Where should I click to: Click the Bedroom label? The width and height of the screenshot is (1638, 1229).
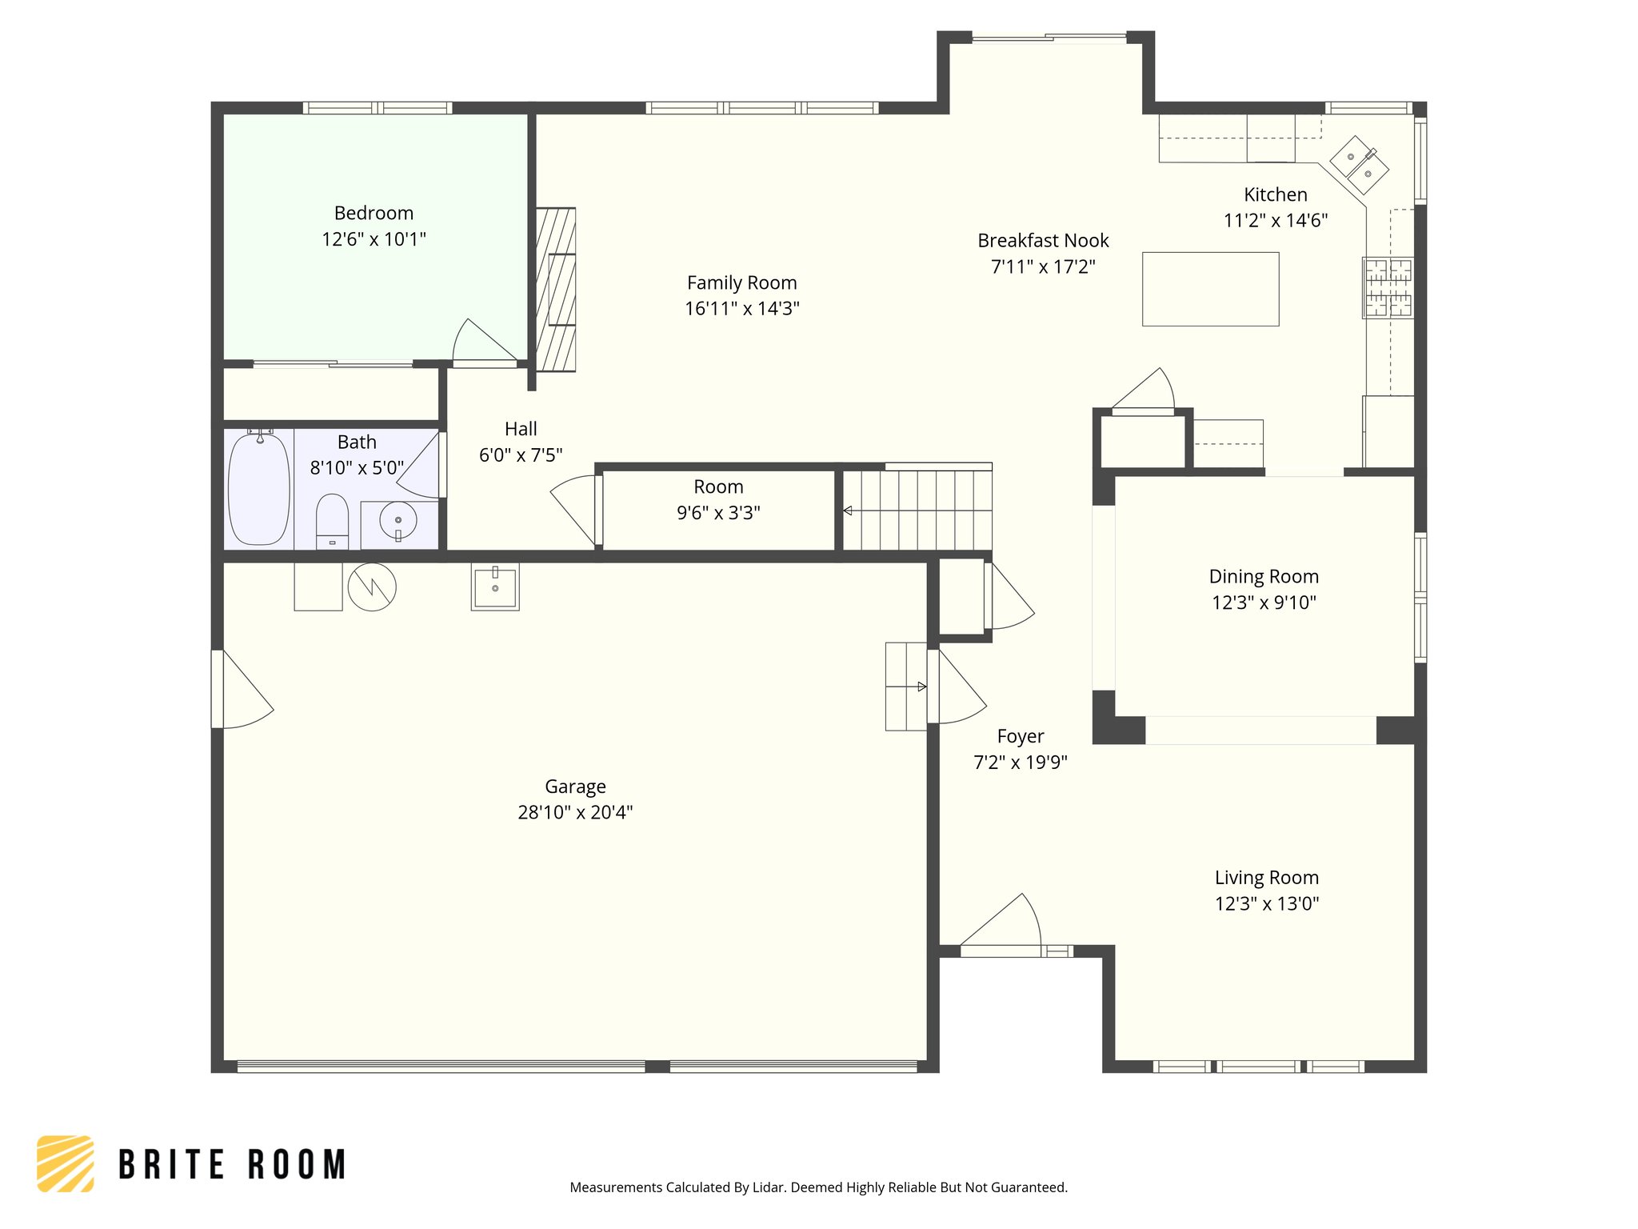[x=374, y=214]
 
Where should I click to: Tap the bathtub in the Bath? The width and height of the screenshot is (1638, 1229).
[x=259, y=489]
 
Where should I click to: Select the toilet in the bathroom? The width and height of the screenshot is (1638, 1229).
[x=333, y=521]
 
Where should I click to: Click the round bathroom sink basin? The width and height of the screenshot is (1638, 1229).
[x=398, y=522]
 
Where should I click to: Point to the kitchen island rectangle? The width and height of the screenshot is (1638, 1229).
[x=1210, y=289]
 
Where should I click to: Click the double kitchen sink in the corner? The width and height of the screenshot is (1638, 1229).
[x=1359, y=165]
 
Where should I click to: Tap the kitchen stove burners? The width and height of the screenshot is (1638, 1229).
[x=1388, y=288]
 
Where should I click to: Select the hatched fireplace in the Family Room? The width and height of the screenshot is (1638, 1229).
[x=555, y=290]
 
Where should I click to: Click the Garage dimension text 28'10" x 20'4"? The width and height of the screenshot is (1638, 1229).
[x=575, y=812]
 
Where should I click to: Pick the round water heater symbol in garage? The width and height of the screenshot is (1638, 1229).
[x=372, y=587]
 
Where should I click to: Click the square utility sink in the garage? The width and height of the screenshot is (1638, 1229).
[x=495, y=586]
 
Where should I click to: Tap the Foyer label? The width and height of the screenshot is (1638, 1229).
[x=1021, y=737]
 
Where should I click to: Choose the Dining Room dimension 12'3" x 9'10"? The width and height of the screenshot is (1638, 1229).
[x=1264, y=602]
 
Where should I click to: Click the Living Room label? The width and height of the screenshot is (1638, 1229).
[x=1267, y=878]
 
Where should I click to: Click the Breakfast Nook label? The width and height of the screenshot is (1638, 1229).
[x=1043, y=241]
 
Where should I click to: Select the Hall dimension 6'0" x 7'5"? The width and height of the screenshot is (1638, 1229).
[x=521, y=455]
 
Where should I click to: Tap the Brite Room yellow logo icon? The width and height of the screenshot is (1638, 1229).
[x=66, y=1164]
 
